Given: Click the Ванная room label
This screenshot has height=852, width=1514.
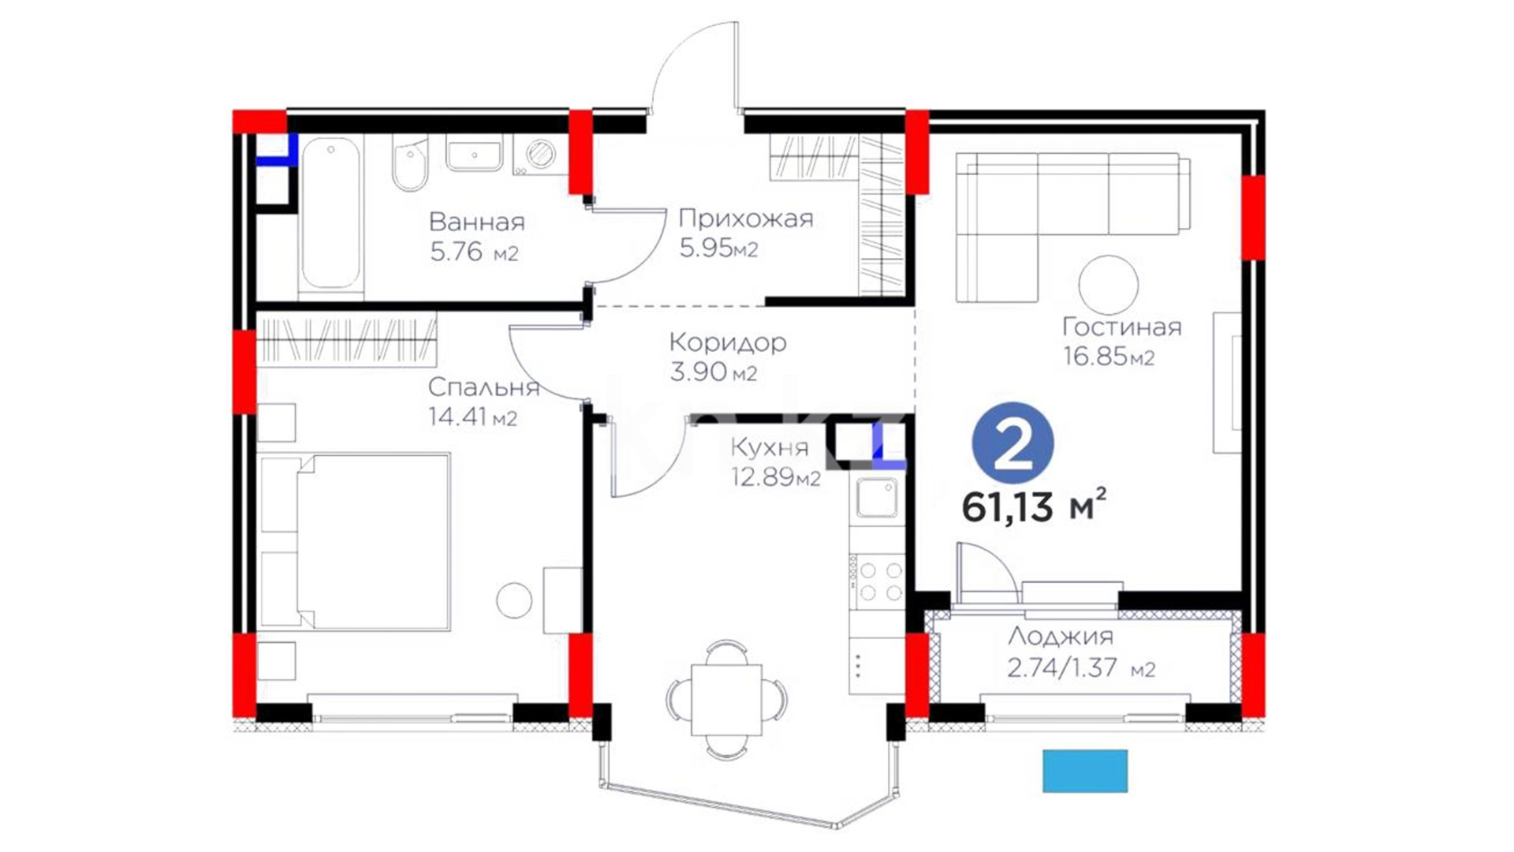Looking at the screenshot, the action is (477, 222).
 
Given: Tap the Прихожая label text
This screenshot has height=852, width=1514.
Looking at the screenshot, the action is (745, 219).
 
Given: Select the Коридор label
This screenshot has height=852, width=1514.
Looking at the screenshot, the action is (727, 343).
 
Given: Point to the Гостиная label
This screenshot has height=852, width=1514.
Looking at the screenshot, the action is (1121, 327).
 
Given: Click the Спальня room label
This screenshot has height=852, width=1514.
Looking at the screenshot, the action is (483, 387).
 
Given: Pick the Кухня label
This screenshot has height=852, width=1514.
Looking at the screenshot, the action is (770, 447).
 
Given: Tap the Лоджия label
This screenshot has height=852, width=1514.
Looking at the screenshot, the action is (1061, 636).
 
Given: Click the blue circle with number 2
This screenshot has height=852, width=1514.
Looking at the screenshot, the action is (1013, 447).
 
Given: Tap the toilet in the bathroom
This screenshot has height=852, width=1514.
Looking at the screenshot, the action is (409, 165).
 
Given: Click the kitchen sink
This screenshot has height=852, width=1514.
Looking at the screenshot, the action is (877, 499).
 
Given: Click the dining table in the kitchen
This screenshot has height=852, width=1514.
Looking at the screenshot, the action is (726, 700).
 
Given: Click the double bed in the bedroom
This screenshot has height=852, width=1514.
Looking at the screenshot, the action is (355, 542).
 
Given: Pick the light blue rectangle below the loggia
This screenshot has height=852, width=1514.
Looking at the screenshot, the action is (1085, 771).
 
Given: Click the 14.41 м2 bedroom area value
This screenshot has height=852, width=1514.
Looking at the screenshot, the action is (472, 417).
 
